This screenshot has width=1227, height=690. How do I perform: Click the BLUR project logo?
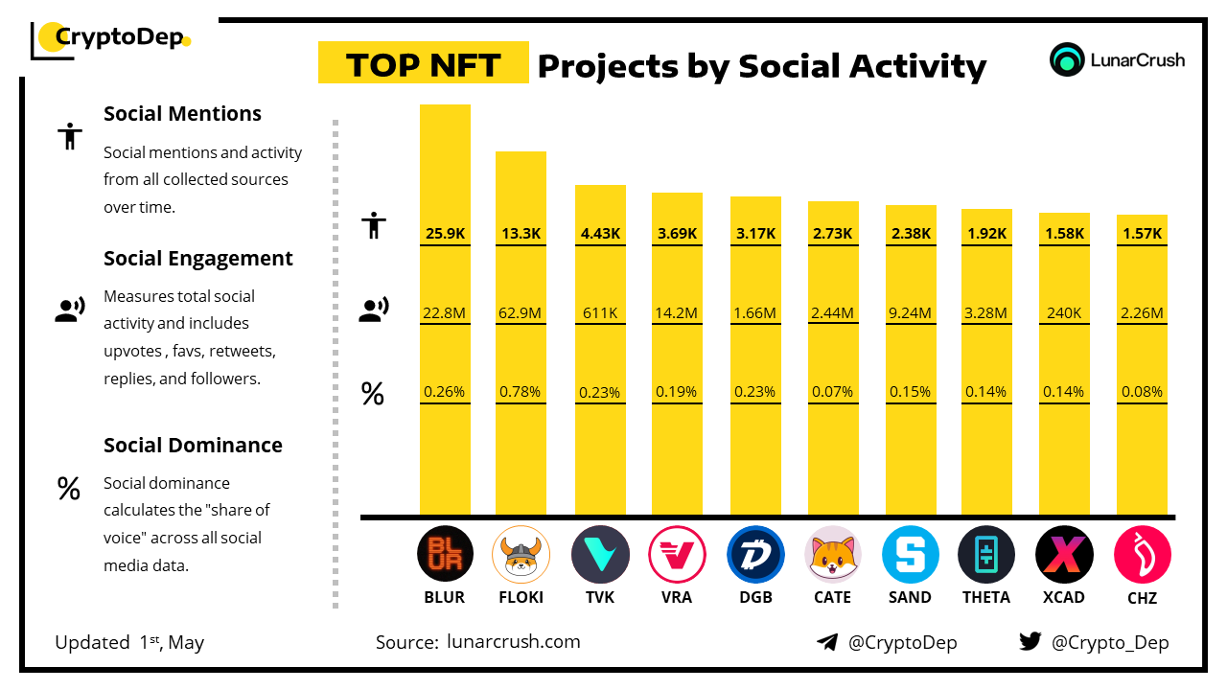445,555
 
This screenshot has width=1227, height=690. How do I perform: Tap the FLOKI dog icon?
521,555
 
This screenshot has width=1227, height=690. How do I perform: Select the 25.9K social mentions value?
445,233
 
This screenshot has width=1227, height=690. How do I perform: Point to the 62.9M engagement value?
521,312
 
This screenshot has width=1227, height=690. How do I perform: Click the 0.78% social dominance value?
521,391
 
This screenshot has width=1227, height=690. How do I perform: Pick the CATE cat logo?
832,555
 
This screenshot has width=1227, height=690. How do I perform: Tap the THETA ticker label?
986,597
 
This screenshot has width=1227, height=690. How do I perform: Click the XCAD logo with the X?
1064,555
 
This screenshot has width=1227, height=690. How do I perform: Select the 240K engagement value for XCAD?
1065,312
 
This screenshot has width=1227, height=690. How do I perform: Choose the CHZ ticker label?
1142,598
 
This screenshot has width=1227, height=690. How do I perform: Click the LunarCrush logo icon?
1067,59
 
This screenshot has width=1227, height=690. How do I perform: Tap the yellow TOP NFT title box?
423,64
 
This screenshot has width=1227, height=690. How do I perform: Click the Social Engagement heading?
198,259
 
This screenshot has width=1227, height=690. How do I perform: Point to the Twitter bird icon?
1030,642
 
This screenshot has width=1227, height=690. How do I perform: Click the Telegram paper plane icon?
827,642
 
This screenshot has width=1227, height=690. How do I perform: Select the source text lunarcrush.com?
513,642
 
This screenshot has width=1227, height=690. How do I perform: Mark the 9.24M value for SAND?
910,312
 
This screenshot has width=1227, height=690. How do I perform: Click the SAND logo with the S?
910,555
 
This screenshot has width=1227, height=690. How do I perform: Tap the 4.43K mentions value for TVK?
600,233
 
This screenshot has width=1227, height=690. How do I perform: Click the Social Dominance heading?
193,446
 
